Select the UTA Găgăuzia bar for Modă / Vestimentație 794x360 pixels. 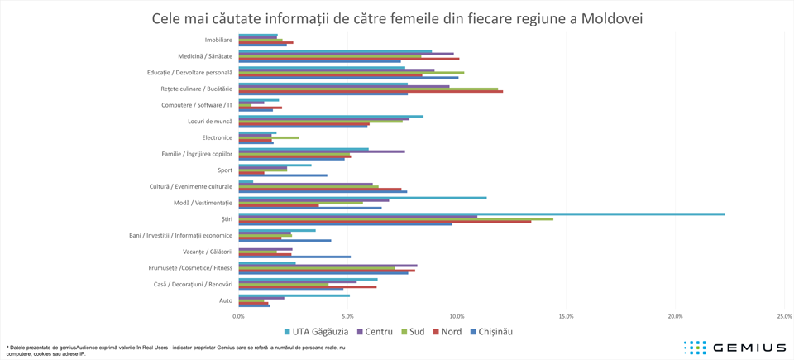click(362, 198)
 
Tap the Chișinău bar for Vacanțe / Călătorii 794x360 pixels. click(294, 257)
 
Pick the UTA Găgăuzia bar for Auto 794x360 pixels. click(294, 295)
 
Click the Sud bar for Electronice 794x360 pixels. click(269, 137)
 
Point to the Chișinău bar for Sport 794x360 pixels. click(283, 175)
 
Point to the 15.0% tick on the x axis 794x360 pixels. click(566, 316)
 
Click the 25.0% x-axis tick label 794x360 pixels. click(784, 316)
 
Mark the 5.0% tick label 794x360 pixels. click(347, 316)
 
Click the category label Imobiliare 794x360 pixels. click(218, 40)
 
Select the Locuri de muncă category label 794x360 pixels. click(210, 122)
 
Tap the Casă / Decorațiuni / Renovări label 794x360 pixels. click(193, 284)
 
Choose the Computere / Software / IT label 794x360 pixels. click(197, 105)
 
